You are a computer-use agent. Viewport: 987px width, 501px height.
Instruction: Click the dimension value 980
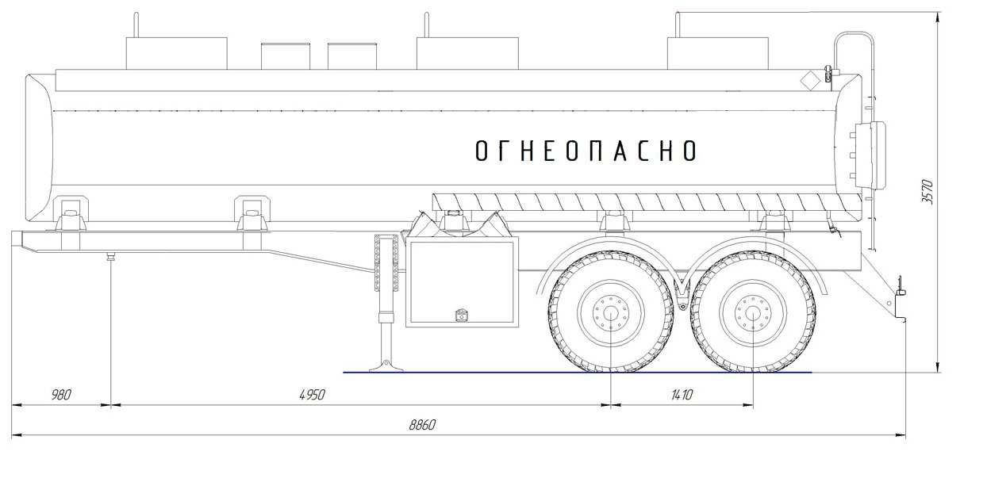tap(61, 395)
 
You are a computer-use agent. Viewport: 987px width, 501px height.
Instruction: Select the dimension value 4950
tap(312, 395)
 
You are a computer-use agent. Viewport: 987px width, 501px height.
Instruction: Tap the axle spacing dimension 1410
tap(682, 395)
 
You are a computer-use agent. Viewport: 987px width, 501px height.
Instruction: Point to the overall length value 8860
tap(422, 424)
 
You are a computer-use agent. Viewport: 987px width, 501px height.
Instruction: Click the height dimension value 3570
tap(927, 192)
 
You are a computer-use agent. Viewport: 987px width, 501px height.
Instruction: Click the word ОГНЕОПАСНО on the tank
tap(586, 151)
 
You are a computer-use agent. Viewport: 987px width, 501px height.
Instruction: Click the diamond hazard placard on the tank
tap(810, 81)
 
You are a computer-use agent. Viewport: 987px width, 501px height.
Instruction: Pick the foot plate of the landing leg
tap(386, 366)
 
